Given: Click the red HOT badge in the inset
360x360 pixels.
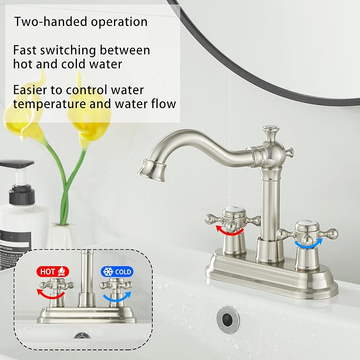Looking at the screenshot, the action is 53,271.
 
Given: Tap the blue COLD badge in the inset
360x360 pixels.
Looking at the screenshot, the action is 117,271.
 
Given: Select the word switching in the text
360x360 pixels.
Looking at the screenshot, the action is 68,51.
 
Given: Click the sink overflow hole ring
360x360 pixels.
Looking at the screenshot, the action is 228,319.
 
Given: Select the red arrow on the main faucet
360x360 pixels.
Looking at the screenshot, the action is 230,230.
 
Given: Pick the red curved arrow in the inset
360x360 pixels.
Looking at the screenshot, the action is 50,295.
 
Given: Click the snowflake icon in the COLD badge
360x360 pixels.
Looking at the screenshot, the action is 108,271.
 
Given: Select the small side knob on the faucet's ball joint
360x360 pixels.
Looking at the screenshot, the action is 289,152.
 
